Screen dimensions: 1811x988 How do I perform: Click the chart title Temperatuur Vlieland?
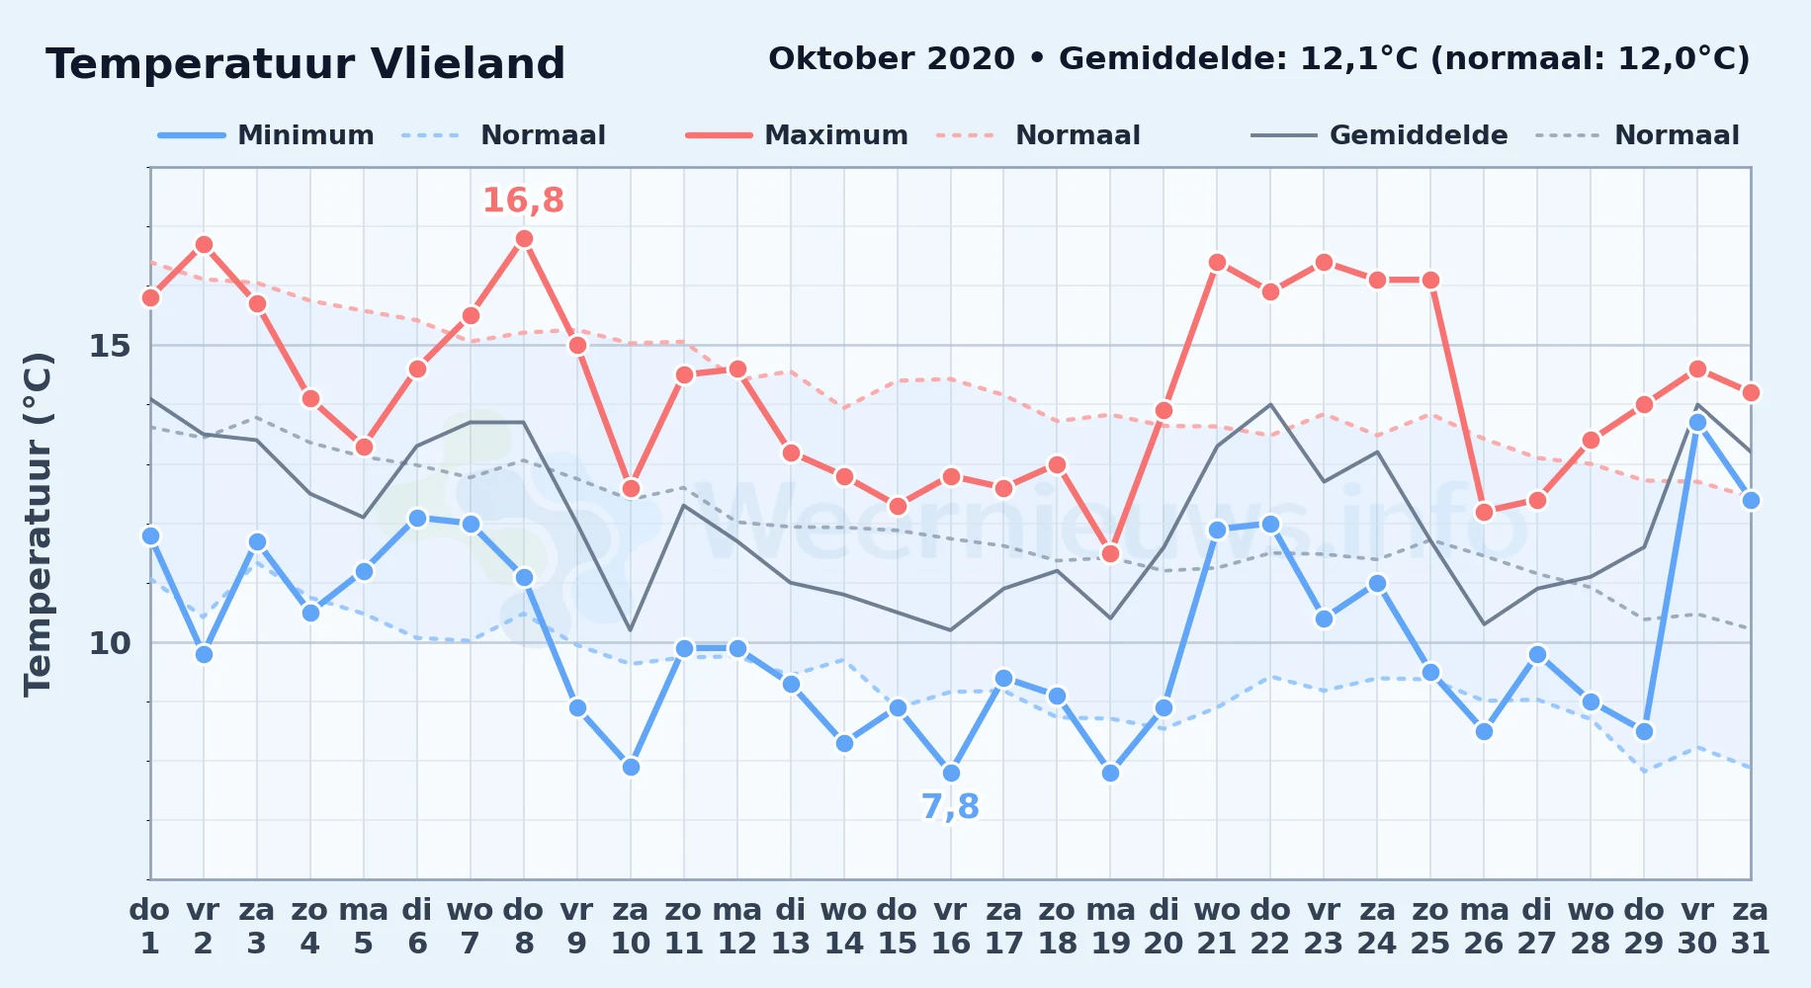[x=305, y=64]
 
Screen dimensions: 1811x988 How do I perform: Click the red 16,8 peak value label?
[x=523, y=201]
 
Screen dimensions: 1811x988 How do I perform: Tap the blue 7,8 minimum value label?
[x=950, y=807]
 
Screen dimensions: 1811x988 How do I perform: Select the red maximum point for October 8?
[x=524, y=239]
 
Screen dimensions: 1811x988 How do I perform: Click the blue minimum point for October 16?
[x=951, y=773]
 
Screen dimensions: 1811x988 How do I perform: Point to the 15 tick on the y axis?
[x=110, y=346]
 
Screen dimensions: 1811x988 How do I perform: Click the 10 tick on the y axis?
[x=110, y=643]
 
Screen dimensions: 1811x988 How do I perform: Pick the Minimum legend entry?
[x=266, y=135]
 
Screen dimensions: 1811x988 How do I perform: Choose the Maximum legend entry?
[x=797, y=135]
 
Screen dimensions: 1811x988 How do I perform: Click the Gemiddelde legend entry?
[x=1379, y=135]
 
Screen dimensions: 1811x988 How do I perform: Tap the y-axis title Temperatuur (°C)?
[x=38, y=525]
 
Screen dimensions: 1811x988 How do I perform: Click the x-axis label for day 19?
[x=1110, y=927]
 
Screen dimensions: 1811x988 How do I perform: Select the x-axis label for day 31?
[x=1751, y=927]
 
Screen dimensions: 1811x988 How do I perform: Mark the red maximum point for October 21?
[x=1217, y=263]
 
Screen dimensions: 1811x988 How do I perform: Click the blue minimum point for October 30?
[x=1697, y=423]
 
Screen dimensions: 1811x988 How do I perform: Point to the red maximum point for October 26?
[x=1484, y=512]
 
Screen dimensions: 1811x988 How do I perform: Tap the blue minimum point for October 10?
[x=631, y=767]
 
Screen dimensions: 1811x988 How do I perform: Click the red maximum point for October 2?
[x=204, y=245]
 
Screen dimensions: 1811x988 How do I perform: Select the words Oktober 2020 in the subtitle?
[x=892, y=59]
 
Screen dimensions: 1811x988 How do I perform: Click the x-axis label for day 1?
[x=150, y=927]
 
